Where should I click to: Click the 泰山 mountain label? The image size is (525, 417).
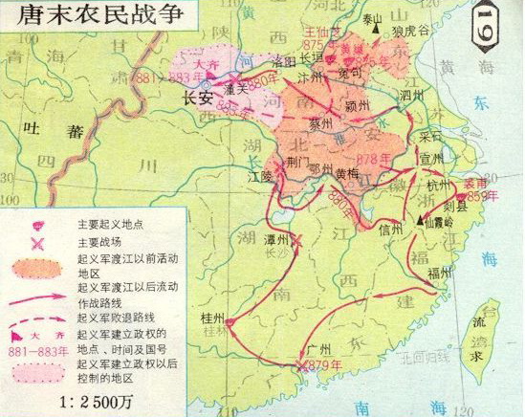click(x=371, y=18)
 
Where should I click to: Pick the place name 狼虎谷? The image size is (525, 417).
click(x=409, y=30)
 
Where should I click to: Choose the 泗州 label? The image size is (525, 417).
click(x=410, y=96)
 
